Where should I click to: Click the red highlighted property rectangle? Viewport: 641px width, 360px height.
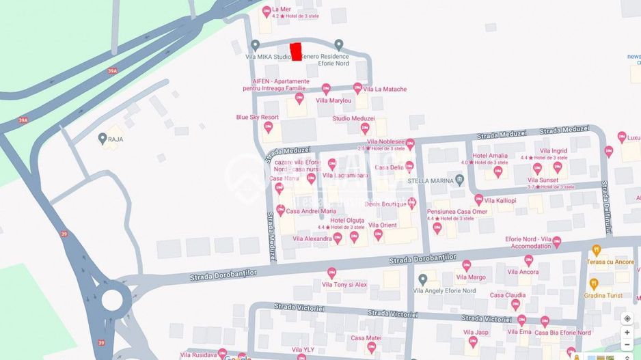coord(296,52)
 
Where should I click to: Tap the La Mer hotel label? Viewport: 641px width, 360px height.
coord(281,10)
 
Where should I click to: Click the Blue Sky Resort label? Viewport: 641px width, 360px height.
coord(257,117)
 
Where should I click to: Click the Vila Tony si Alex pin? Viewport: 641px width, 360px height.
coord(331,273)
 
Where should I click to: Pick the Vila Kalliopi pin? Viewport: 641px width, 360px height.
coord(478,199)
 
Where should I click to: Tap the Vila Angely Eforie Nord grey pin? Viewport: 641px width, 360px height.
coord(422,279)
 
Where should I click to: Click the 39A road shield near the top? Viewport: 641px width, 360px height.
coord(112,70)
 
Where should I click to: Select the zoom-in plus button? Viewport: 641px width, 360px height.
coord(627,332)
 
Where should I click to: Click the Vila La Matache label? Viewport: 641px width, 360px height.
coord(385,89)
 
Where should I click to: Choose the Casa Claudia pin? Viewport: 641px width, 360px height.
coord(515,305)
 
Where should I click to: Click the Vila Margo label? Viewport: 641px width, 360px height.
coord(471,277)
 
